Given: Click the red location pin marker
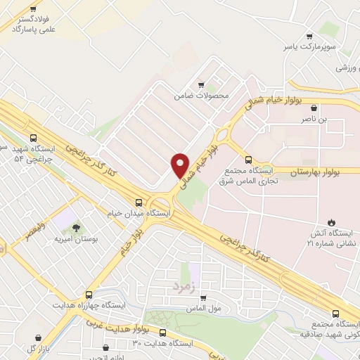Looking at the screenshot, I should [x=180, y=165].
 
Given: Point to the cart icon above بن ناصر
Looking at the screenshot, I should [x=314, y=108].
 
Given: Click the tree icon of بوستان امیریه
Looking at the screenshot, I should [x=75, y=226].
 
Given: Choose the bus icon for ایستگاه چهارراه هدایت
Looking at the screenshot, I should [x=88, y=296].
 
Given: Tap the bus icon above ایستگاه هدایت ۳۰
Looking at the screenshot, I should [x=162, y=333].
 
